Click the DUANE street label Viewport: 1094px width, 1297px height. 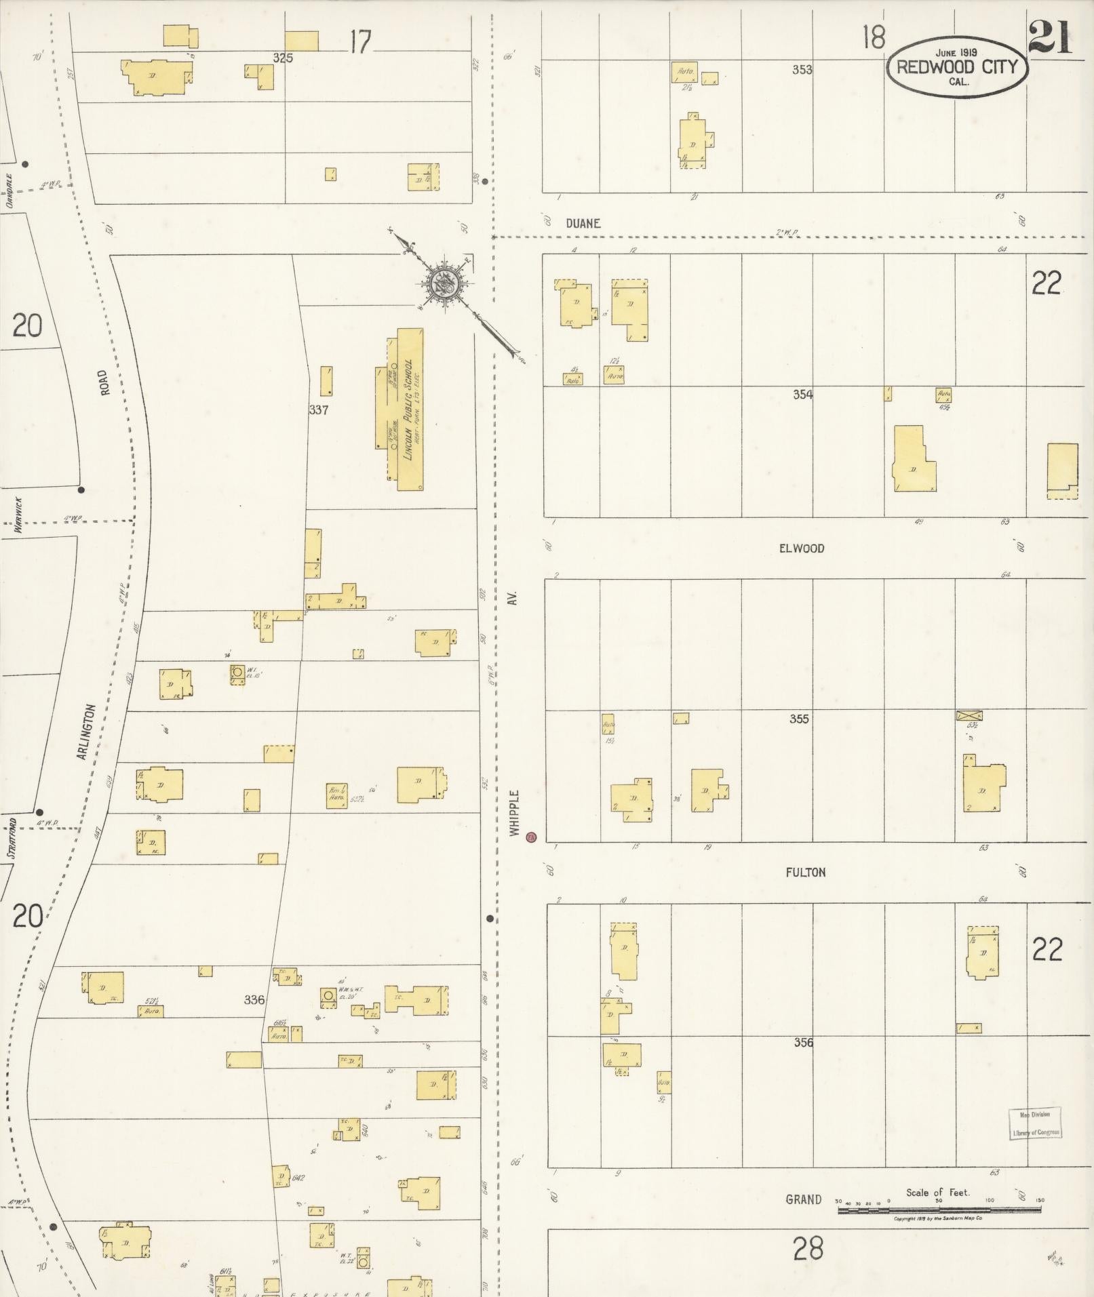(583, 223)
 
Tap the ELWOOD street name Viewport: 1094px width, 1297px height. (802, 548)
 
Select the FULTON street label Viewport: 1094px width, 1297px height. (806, 873)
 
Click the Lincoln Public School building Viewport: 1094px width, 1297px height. (406, 410)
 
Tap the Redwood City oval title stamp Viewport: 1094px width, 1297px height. (956, 66)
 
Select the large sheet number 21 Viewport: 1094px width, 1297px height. (1049, 38)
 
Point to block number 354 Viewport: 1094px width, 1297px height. (802, 395)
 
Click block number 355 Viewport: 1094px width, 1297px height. (799, 719)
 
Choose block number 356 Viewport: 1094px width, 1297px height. (803, 1043)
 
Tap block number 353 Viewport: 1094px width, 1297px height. (802, 69)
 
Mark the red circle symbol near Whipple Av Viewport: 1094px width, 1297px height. (532, 837)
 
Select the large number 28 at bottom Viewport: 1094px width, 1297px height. (807, 1248)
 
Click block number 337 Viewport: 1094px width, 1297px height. (318, 410)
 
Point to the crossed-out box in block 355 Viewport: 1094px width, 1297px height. (969, 715)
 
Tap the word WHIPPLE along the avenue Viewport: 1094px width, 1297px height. (515, 812)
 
